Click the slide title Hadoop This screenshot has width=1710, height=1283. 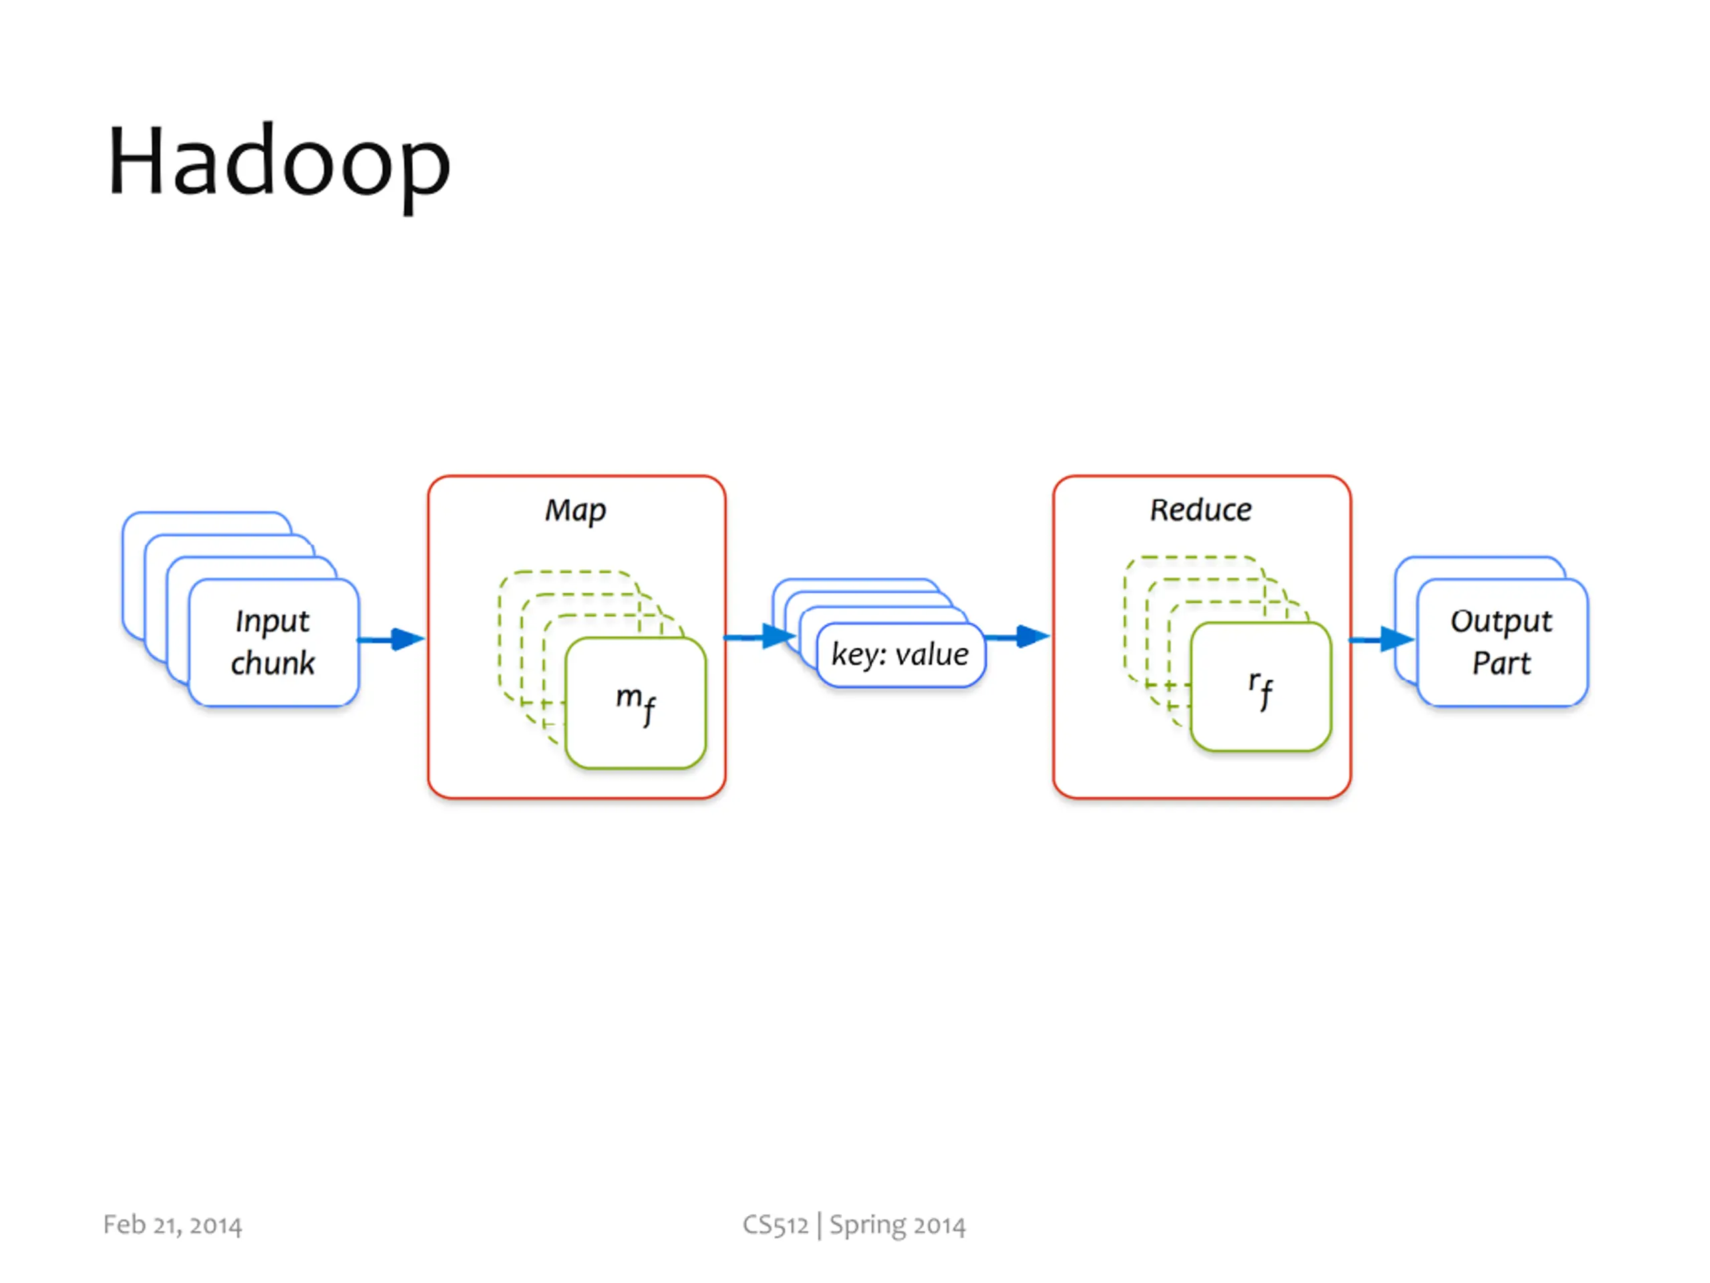click(x=279, y=164)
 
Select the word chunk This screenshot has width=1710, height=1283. click(x=273, y=664)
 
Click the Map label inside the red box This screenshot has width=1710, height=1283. click(x=576, y=511)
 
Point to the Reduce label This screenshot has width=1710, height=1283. click(x=1200, y=511)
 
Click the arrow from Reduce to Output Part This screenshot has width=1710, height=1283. click(x=1382, y=639)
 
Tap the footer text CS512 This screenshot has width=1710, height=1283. click(x=776, y=1225)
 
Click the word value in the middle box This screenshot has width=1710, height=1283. click(x=932, y=655)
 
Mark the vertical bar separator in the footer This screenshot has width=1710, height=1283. click(x=820, y=1226)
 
